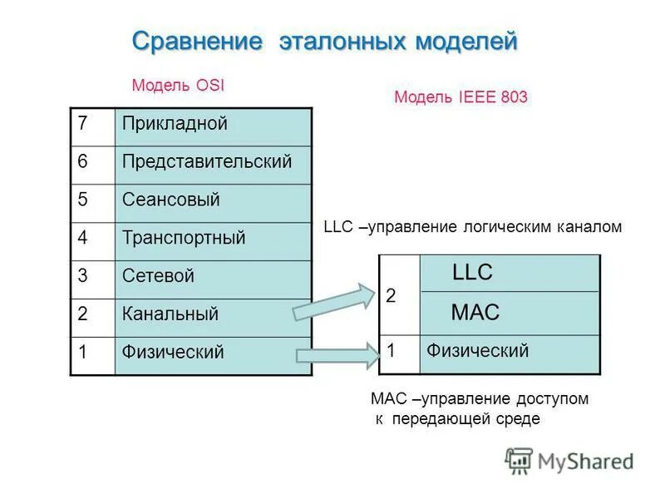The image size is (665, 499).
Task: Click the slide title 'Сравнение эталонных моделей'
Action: [325, 41]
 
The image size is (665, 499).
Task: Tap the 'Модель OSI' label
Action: [178, 86]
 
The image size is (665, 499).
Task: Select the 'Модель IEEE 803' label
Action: [461, 97]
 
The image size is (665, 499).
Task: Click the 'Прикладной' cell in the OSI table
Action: [212, 126]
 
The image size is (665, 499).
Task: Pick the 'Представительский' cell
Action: [212, 162]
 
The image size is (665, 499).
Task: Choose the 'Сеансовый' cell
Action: [212, 200]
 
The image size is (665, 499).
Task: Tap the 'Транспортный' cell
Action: [212, 238]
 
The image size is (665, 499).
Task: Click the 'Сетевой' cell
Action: [212, 276]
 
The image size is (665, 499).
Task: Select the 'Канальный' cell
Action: [212, 314]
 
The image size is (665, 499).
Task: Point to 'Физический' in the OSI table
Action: [212, 353]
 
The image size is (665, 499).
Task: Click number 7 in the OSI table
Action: [83, 125]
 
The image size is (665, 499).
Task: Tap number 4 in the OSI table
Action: [83, 238]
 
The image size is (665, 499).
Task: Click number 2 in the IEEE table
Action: [392, 296]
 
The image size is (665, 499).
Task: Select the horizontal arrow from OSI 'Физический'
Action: [336, 356]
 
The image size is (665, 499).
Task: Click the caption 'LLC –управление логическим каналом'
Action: [471, 227]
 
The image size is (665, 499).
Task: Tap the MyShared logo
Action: [569, 460]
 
